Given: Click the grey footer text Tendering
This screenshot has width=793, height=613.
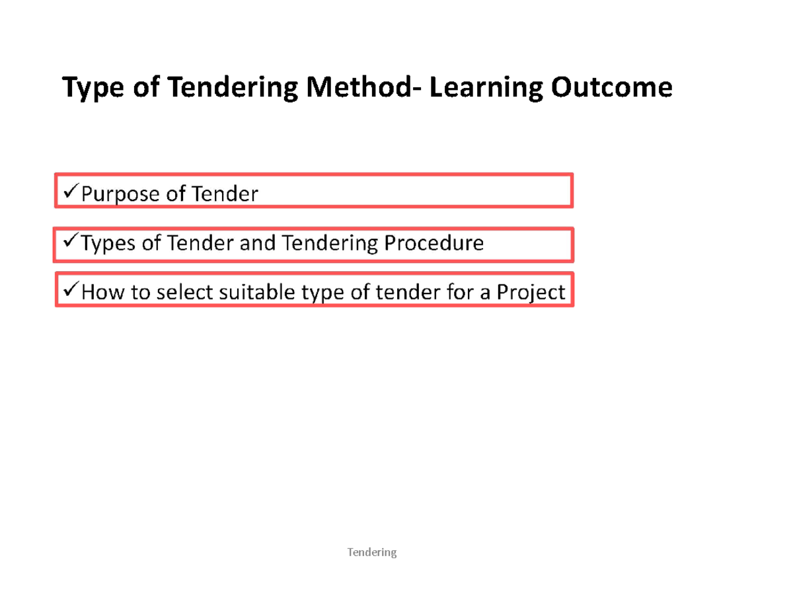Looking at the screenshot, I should click(x=372, y=552).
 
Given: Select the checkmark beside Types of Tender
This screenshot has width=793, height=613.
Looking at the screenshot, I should click(x=69, y=242).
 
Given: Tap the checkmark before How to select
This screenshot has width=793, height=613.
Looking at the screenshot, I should click(x=69, y=290).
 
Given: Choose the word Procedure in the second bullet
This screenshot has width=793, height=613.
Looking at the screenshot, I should click(x=434, y=244).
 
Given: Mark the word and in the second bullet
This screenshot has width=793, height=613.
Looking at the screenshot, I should click(x=259, y=244).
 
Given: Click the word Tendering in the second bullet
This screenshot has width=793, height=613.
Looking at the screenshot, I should click(x=330, y=244).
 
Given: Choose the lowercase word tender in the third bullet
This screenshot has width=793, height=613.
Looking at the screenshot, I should click(x=403, y=292).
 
